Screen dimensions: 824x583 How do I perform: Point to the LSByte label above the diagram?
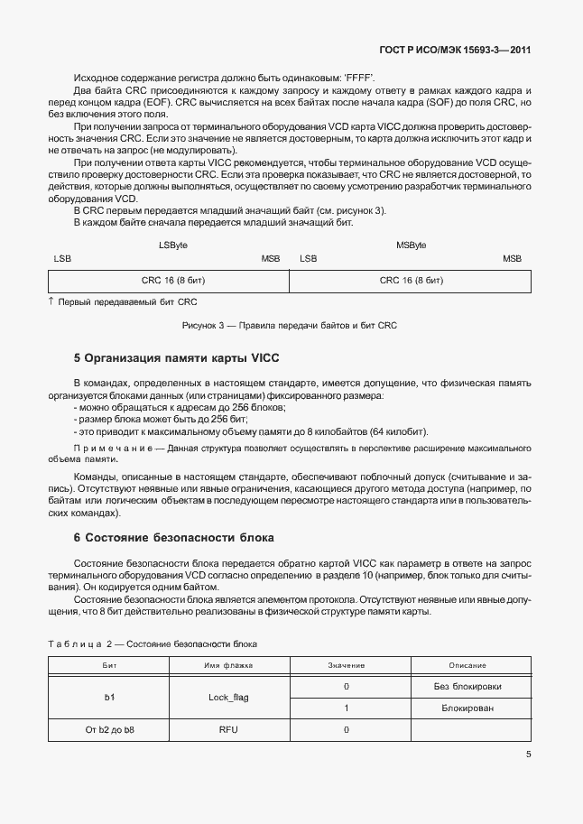[x=173, y=245]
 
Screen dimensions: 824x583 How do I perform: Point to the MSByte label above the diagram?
[x=412, y=245]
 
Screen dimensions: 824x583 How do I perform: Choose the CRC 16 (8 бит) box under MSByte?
[x=412, y=281]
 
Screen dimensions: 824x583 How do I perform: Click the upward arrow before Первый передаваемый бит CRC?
[x=51, y=301]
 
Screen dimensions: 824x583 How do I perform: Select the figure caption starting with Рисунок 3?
[x=290, y=325]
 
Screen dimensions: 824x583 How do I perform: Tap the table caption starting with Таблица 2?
[x=153, y=644]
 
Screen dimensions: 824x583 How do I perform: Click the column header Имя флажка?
[x=229, y=665]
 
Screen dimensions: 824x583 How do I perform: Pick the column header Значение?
[x=346, y=665]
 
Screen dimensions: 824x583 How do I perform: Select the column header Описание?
[x=467, y=665]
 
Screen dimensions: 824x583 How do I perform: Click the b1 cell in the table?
[x=110, y=698]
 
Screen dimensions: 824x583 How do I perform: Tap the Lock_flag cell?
[x=229, y=698]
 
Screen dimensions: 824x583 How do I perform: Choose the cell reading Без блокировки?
[x=467, y=687]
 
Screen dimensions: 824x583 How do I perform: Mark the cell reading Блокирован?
[x=467, y=708]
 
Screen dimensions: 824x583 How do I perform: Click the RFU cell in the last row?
[x=229, y=729]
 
